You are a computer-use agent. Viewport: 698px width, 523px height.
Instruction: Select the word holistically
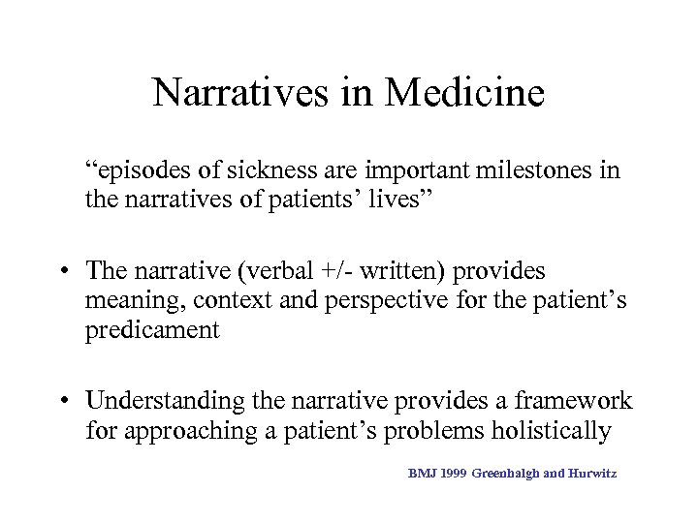[x=541, y=430]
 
